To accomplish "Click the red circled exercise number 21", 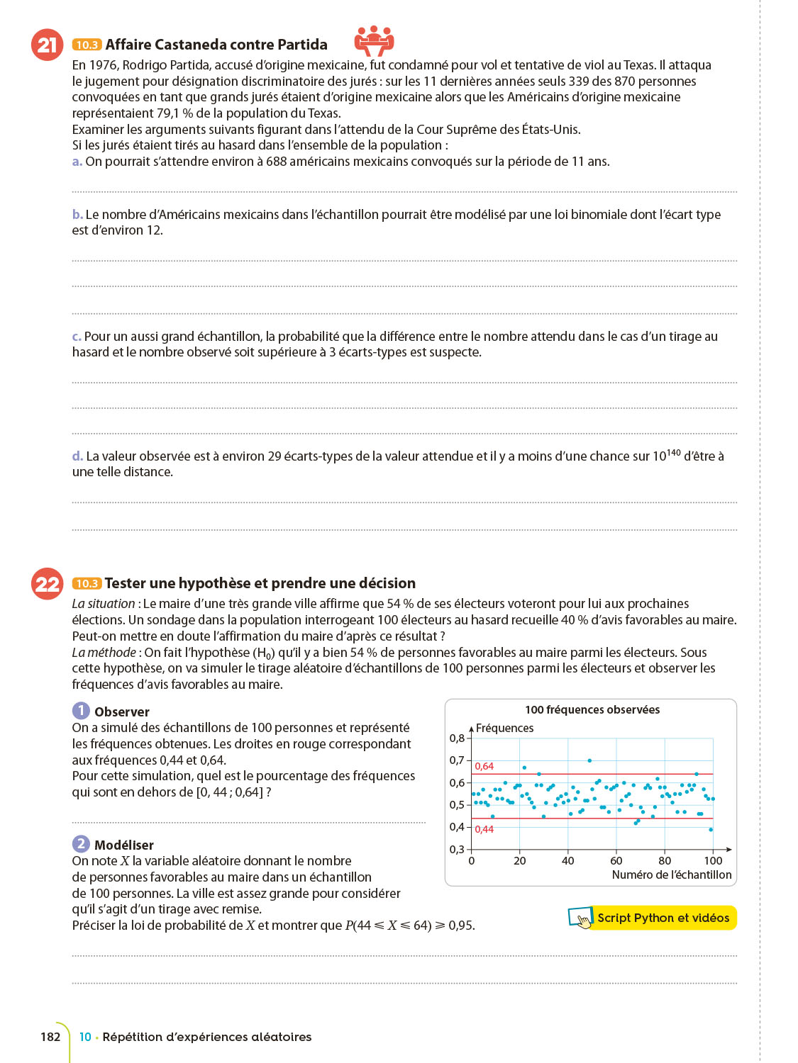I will tap(47, 45).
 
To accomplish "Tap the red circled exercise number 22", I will tap(48, 584).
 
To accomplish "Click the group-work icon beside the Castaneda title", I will tap(374, 40).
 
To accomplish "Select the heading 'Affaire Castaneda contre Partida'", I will tap(216, 45).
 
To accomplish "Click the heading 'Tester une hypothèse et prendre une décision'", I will tap(260, 583).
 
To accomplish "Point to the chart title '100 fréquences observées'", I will tap(592, 709).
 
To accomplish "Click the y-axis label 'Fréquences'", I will tap(504, 728).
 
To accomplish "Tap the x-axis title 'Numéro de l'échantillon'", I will tap(671, 874).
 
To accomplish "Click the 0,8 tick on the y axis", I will tap(457, 738).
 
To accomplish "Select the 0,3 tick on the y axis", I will tap(457, 849).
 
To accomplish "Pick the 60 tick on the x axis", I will tap(616, 861).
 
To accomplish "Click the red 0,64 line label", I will tap(484, 766).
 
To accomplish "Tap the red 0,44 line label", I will tap(484, 829).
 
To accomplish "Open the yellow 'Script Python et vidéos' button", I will tap(663, 918).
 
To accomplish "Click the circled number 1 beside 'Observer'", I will tap(81, 711).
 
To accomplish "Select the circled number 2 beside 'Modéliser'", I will tap(81, 844).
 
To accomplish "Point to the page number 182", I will tap(50, 1037).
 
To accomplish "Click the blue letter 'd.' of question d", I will tap(77, 456).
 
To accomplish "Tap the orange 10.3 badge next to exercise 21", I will tap(87, 45).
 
